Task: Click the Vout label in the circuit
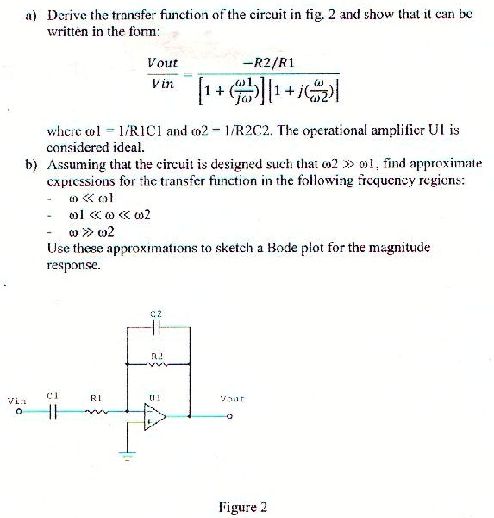[229, 400]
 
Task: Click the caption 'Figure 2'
[243, 507]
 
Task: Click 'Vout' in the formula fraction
[162, 64]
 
